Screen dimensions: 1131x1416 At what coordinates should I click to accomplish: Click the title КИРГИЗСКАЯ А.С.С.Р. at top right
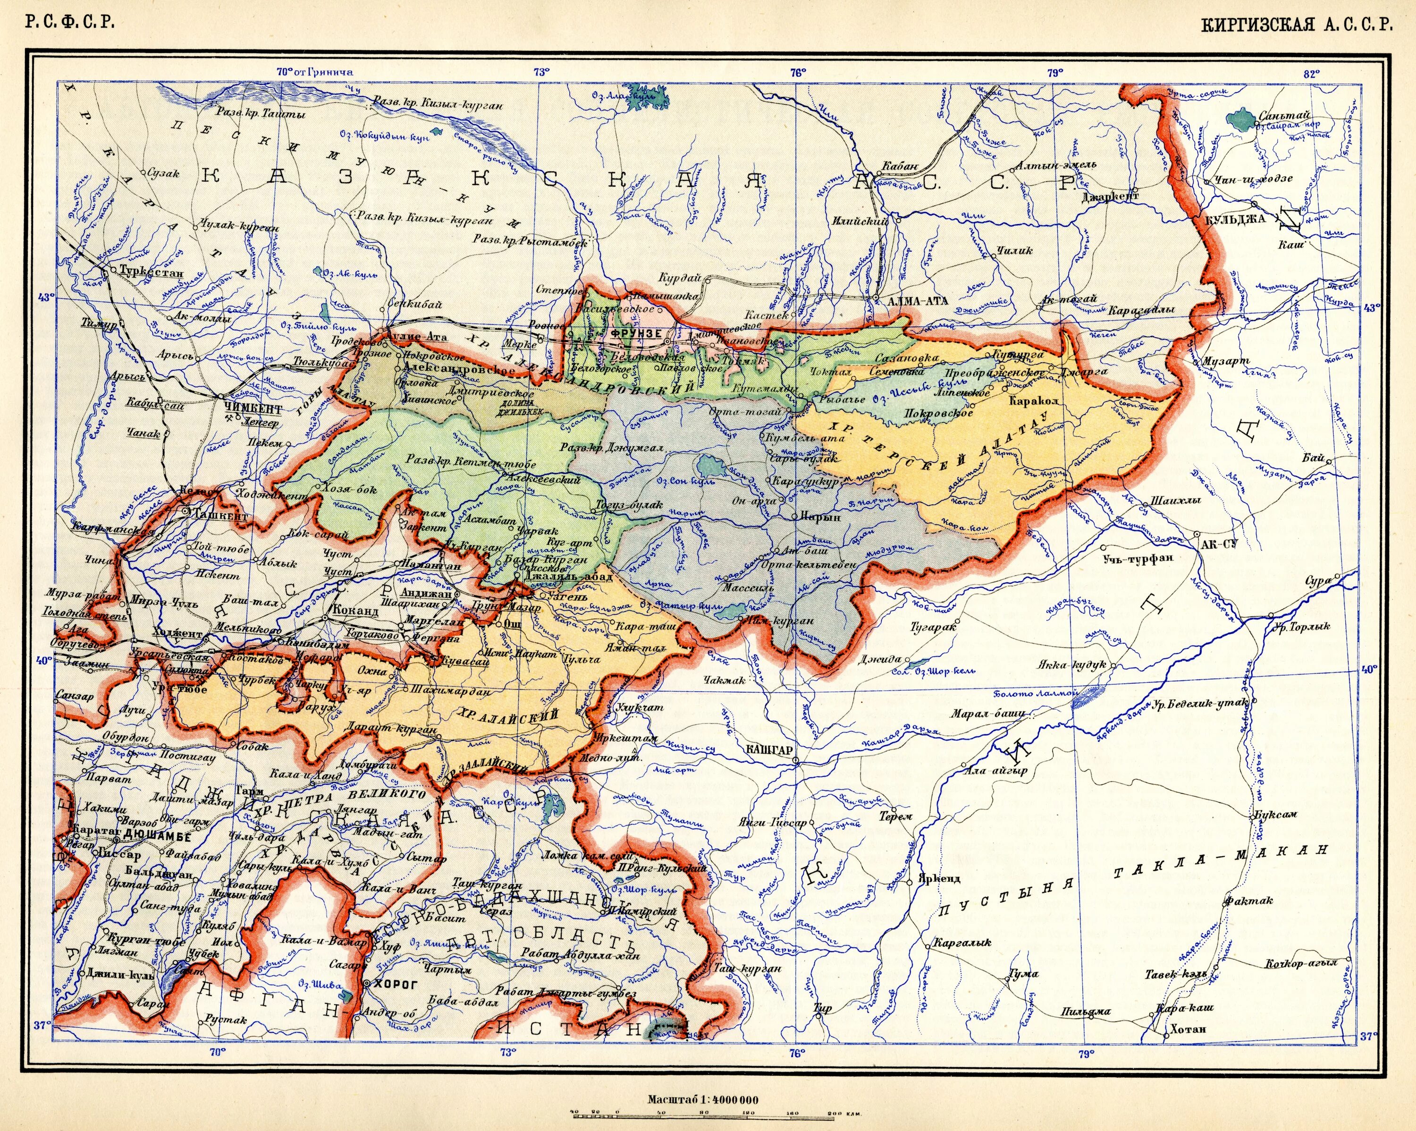pyautogui.click(x=1297, y=26)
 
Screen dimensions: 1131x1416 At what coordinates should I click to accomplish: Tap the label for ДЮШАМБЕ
pyautogui.click(x=157, y=837)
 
